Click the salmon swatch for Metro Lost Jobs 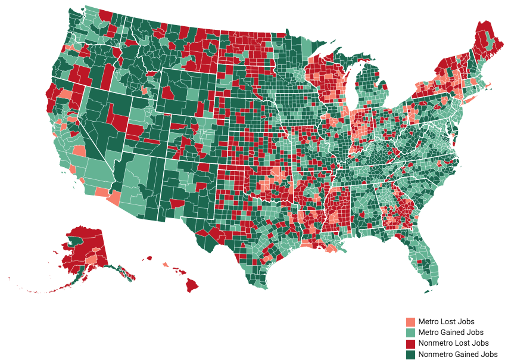[410, 322]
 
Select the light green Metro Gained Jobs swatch [410, 332]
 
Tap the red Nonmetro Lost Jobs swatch [410, 343]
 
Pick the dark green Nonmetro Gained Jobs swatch [410, 354]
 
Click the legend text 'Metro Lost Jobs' [446, 322]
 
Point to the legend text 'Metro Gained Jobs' [450, 332]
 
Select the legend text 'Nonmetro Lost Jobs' [453, 343]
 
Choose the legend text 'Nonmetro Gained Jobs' [457, 354]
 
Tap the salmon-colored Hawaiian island [166, 264]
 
